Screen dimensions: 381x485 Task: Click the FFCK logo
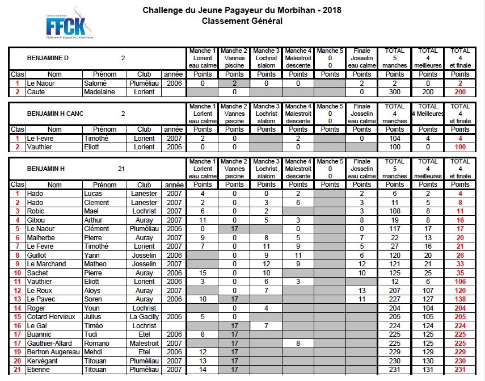[x=69, y=23]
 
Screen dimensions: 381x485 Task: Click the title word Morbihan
[x=279, y=10]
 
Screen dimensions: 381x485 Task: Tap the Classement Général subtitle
[x=242, y=21]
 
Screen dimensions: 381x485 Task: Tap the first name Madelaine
[x=99, y=91]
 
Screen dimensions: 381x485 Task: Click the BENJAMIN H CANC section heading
[x=55, y=113]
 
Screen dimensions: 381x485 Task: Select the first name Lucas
[x=94, y=194]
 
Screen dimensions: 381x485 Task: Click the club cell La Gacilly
[x=145, y=317]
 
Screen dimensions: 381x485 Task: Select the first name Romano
[x=96, y=344]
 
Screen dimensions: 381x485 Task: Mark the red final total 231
[x=460, y=370]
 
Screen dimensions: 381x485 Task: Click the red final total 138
[x=460, y=299]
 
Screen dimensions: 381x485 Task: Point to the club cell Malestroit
[x=145, y=344]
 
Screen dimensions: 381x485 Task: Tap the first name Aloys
[x=92, y=290]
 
